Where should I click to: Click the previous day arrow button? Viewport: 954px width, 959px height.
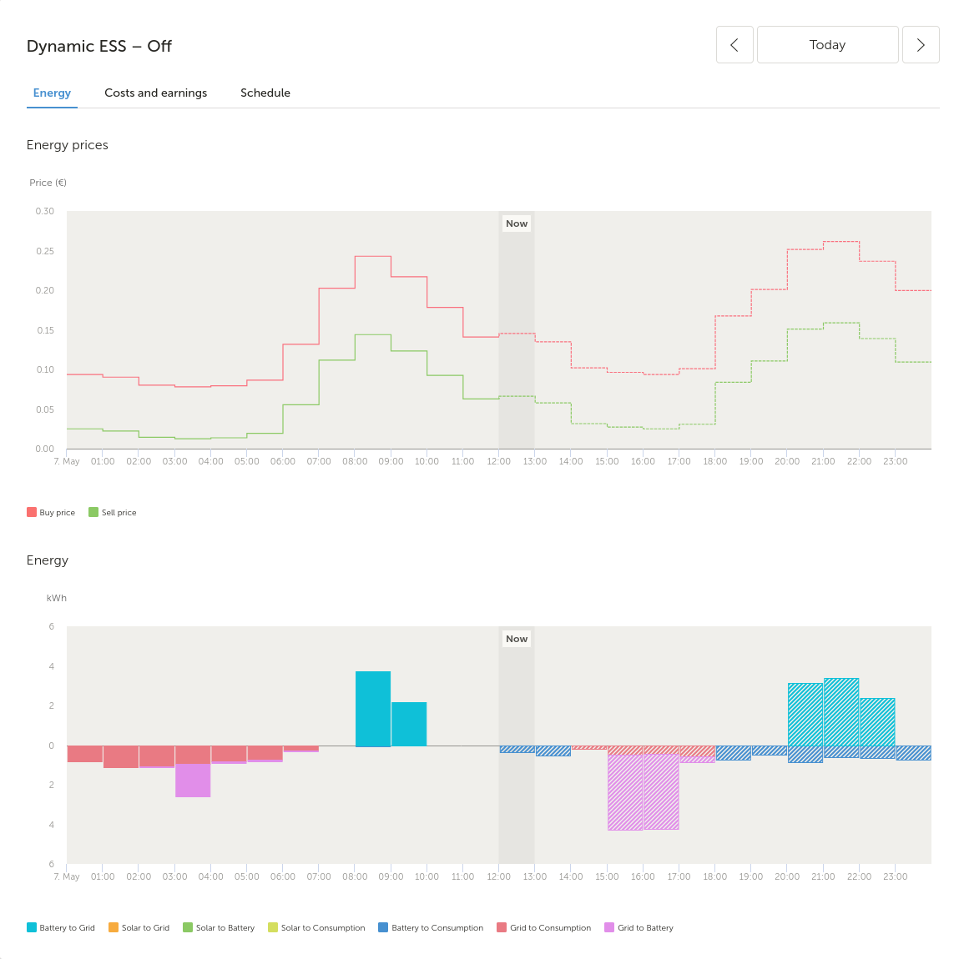734,45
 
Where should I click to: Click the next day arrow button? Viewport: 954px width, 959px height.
921,45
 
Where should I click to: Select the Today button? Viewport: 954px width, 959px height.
827,45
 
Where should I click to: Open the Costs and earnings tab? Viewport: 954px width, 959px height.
155,93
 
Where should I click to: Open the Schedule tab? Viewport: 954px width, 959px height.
265,93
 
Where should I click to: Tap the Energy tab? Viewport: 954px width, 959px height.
52,93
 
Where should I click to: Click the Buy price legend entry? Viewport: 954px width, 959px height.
51,513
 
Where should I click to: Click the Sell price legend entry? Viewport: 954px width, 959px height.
113,513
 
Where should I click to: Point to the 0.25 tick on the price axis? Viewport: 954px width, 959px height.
45,251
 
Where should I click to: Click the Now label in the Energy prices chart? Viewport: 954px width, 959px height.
517,223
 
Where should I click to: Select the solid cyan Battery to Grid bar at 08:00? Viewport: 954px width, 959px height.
373,709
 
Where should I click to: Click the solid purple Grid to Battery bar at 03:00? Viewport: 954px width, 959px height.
193,781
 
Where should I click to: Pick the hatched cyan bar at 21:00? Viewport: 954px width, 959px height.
841,712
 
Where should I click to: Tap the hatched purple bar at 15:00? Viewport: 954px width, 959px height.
625,792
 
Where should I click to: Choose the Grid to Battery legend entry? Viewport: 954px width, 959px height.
639,928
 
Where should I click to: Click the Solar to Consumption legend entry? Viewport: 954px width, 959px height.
316,928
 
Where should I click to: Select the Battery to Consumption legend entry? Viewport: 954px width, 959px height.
431,928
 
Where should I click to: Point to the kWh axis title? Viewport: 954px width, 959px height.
56,598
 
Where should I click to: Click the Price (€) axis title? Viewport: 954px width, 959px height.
48,183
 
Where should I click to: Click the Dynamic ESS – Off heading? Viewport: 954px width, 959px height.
99,46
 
